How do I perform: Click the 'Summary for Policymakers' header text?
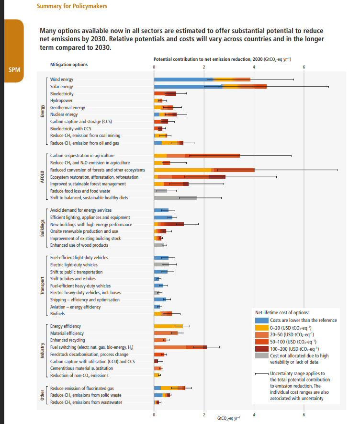pyautogui.click(x=72, y=6)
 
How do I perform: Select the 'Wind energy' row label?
pyautogui.click(x=62, y=80)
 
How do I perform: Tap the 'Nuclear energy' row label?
pyautogui.click(x=64, y=115)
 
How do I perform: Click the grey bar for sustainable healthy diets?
pyautogui.click(x=175, y=198)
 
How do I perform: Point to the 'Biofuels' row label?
pyautogui.click(x=57, y=314)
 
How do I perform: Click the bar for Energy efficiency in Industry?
pyautogui.click(x=168, y=326)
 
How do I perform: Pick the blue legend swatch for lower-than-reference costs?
pyautogui.click(x=261, y=320)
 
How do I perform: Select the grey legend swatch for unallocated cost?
pyautogui.click(x=261, y=356)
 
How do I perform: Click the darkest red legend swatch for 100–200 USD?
pyautogui.click(x=261, y=349)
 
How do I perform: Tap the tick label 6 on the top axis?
pyautogui.click(x=304, y=66)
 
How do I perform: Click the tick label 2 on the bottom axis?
pyautogui.click(x=204, y=414)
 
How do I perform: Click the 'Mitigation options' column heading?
pyautogui.click(x=69, y=64)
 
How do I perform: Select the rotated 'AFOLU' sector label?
pyautogui.click(x=43, y=177)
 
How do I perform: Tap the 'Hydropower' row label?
pyautogui.click(x=61, y=101)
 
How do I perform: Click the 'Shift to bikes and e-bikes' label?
pyautogui.click(x=73, y=279)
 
